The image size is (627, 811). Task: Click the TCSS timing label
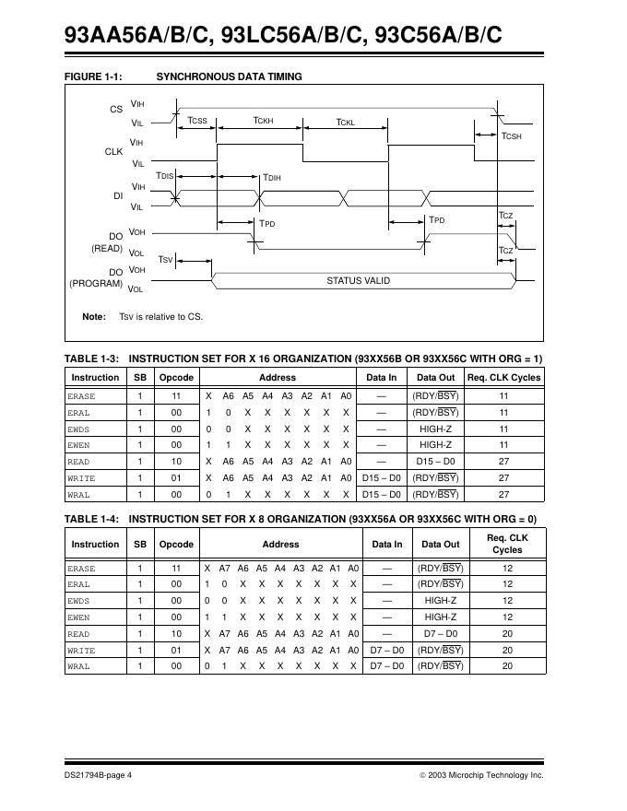(197, 121)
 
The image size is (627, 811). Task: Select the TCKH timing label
(264, 121)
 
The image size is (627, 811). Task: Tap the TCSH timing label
(511, 136)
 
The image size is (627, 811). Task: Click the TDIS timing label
(164, 175)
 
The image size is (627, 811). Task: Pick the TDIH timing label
(272, 177)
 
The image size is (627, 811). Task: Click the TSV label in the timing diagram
(166, 260)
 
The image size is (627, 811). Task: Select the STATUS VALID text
(358, 280)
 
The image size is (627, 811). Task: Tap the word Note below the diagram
(93, 317)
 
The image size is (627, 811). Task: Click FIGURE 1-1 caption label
(93, 76)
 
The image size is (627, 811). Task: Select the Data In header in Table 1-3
(382, 377)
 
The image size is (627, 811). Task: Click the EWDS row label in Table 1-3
(79, 429)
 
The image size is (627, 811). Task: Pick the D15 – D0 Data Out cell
(436, 462)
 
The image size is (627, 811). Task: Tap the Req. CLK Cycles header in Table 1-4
(506, 544)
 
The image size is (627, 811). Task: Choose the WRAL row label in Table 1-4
(79, 666)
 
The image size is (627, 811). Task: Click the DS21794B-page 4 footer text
(98, 775)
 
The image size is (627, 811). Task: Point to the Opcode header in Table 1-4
(176, 544)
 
